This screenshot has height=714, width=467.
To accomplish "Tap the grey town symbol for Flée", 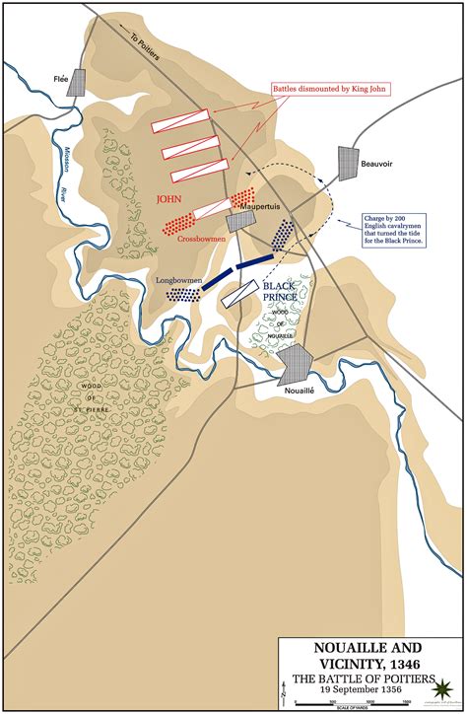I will click(76, 85).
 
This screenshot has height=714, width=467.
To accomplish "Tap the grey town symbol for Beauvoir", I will click(348, 163).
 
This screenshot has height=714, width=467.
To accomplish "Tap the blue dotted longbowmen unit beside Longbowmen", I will click(182, 293).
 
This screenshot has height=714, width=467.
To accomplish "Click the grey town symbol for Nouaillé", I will click(295, 365).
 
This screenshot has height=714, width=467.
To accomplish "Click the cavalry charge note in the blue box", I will click(388, 227).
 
